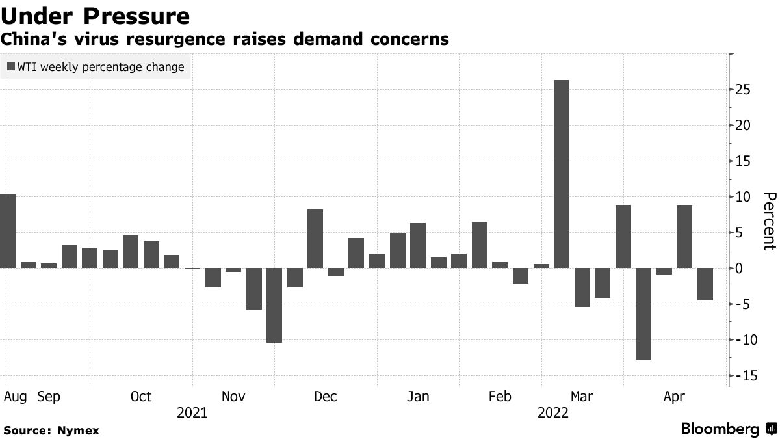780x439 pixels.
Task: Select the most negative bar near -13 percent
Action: pos(643,313)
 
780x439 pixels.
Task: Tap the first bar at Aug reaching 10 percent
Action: pos(8,231)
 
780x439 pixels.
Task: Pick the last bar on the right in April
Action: pos(705,284)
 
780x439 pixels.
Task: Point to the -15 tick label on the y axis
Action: pos(741,376)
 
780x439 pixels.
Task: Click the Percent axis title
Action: pos(769,221)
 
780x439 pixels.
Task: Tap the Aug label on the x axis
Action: pos(15,396)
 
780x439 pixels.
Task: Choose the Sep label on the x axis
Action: pos(49,396)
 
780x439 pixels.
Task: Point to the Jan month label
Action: pos(417,396)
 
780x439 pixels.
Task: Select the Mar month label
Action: pos(582,396)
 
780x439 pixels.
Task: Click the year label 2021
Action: pos(192,412)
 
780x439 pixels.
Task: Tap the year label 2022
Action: pos(552,412)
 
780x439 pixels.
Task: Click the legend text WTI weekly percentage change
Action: pos(100,67)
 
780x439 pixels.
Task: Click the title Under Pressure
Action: pos(96,16)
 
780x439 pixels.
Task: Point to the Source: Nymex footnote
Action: pos(51,430)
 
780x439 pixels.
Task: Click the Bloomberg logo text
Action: pos(720,429)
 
